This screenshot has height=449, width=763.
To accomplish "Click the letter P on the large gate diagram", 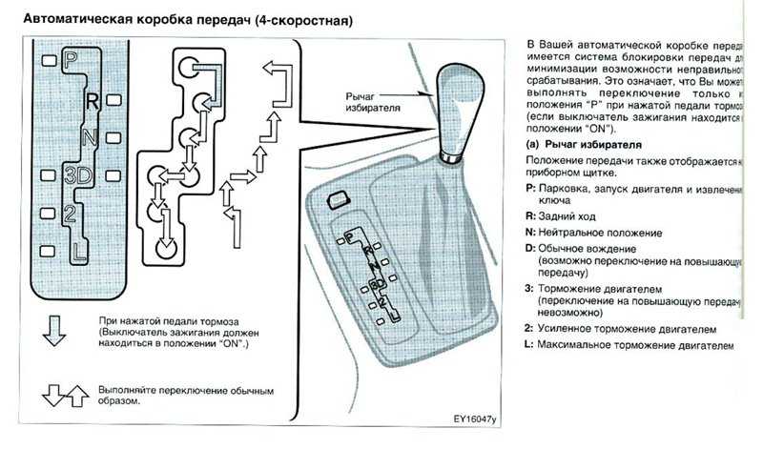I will click(70, 59).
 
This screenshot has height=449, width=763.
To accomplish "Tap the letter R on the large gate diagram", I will click(92, 99).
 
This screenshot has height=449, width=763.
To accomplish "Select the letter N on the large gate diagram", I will click(90, 136).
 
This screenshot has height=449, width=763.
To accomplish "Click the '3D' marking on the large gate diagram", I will click(78, 175).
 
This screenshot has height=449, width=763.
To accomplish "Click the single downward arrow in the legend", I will click(54, 331).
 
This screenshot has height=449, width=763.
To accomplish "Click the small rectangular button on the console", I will click(336, 200).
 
